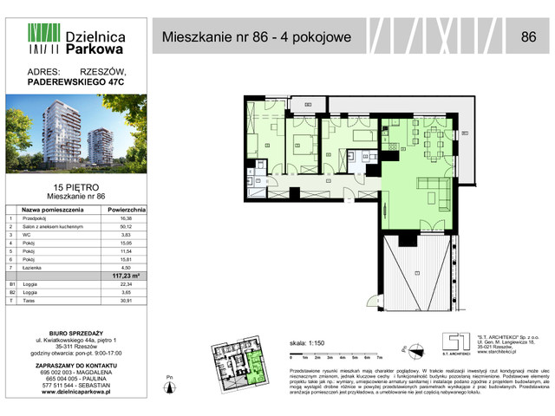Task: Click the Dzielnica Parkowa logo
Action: tap(76, 44)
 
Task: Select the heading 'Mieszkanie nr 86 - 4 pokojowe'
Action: tap(257, 37)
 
